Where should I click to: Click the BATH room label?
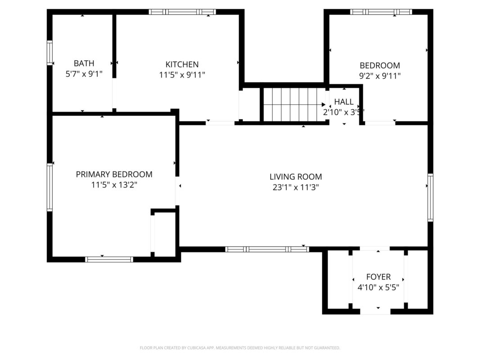84,63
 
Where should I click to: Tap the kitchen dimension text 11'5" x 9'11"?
182,75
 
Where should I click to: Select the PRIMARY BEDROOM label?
114,174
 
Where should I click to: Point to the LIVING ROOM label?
296,177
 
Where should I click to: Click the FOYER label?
378,277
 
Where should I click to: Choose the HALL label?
344,102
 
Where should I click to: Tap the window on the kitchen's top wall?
182,12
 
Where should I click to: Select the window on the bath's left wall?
49,53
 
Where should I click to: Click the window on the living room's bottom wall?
267,249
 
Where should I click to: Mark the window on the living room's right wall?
430,197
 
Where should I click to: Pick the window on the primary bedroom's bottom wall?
109,259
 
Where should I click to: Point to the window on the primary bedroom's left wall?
49,187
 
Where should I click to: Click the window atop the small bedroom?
381,12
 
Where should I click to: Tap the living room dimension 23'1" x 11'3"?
296,188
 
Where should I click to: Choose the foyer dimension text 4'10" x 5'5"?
378,288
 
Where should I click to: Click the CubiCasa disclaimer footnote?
240,348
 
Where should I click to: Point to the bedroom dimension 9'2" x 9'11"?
379,76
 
